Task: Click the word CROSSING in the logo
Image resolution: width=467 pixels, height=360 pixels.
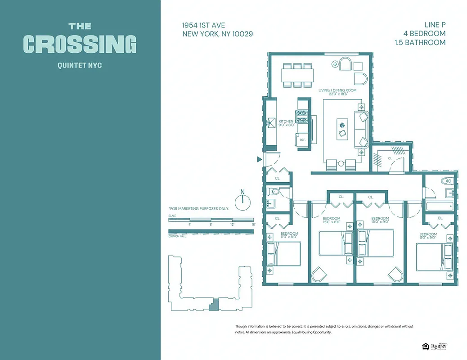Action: click(x=80, y=44)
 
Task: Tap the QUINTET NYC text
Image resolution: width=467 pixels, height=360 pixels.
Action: click(x=80, y=65)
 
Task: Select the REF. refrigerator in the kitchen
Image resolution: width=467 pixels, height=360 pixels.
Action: click(x=303, y=140)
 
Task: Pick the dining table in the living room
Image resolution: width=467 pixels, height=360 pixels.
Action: click(x=296, y=75)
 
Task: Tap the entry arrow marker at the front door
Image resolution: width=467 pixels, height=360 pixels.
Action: click(x=259, y=159)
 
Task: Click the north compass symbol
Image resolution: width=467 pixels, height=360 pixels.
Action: click(x=242, y=200)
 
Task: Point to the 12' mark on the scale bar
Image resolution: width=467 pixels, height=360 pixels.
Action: click(x=232, y=224)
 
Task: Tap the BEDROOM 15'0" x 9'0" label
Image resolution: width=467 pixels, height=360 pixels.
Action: click(x=380, y=220)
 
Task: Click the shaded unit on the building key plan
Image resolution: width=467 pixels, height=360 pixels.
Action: click(x=215, y=304)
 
